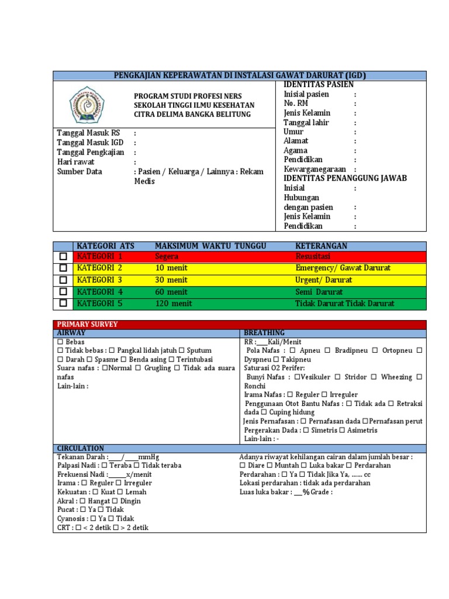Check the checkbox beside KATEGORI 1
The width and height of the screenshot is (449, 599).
[x=63, y=257]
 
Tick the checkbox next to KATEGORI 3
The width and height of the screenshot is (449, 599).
[x=63, y=280]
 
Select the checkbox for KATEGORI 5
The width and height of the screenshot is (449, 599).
[x=63, y=304]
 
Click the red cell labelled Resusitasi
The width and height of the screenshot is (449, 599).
[x=313, y=257]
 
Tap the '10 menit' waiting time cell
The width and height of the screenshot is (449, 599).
[x=172, y=268]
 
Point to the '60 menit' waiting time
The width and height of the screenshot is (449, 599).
[x=172, y=292]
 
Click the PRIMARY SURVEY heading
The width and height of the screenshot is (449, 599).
[x=87, y=324]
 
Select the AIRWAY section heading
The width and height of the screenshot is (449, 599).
[x=72, y=333]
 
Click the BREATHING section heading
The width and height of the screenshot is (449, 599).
[x=264, y=333]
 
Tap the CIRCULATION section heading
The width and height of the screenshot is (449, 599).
[x=81, y=448]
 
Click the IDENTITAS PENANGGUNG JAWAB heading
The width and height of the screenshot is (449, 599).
[x=345, y=178]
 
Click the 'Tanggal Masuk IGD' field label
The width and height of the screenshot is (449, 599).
[x=91, y=143]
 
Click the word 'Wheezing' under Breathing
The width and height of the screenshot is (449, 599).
[x=396, y=377]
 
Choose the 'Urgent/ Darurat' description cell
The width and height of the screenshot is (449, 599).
[x=324, y=280]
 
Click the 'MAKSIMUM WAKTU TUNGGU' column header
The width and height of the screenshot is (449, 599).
[x=210, y=246]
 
